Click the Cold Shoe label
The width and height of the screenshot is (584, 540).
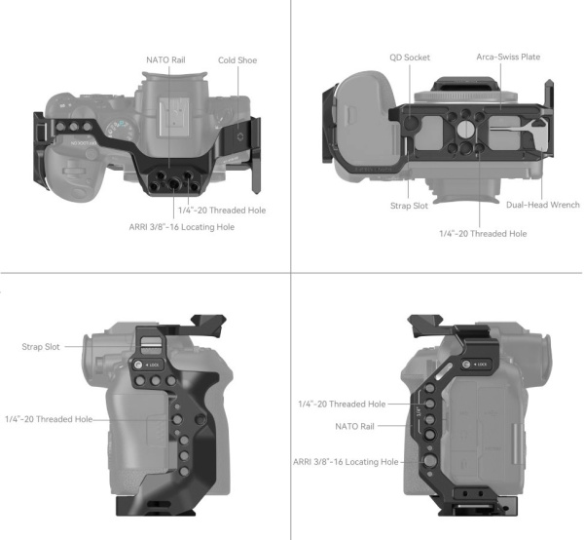(237, 59)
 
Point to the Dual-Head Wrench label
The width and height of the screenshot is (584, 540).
(542, 205)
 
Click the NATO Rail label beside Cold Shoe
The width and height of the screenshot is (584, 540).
(164, 59)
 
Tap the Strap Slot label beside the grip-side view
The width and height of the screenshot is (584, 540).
(43, 346)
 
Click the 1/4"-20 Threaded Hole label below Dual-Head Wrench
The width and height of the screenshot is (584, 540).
(483, 234)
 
